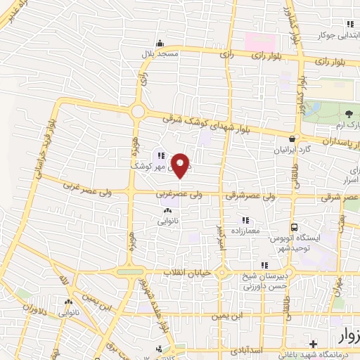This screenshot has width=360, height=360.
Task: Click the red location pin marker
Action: (181, 166)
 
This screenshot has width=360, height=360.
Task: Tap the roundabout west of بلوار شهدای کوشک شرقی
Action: (136, 112)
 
